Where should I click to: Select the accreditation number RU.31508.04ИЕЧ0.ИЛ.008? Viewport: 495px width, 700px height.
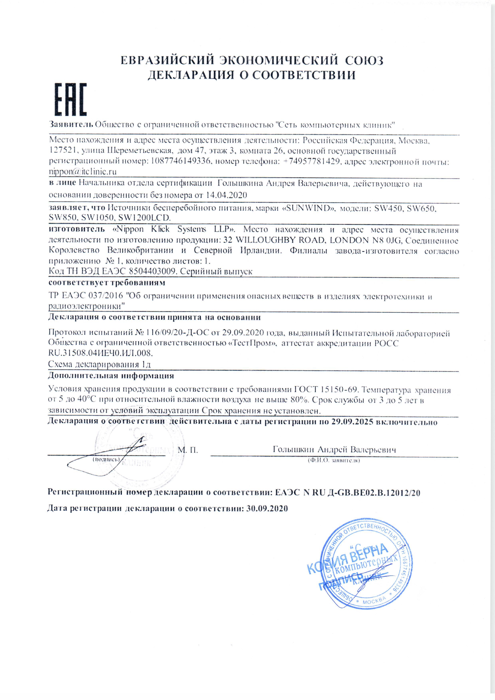pyautogui.click(x=100, y=353)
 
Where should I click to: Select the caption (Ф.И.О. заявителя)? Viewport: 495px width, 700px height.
pyautogui.click(x=334, y=460)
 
